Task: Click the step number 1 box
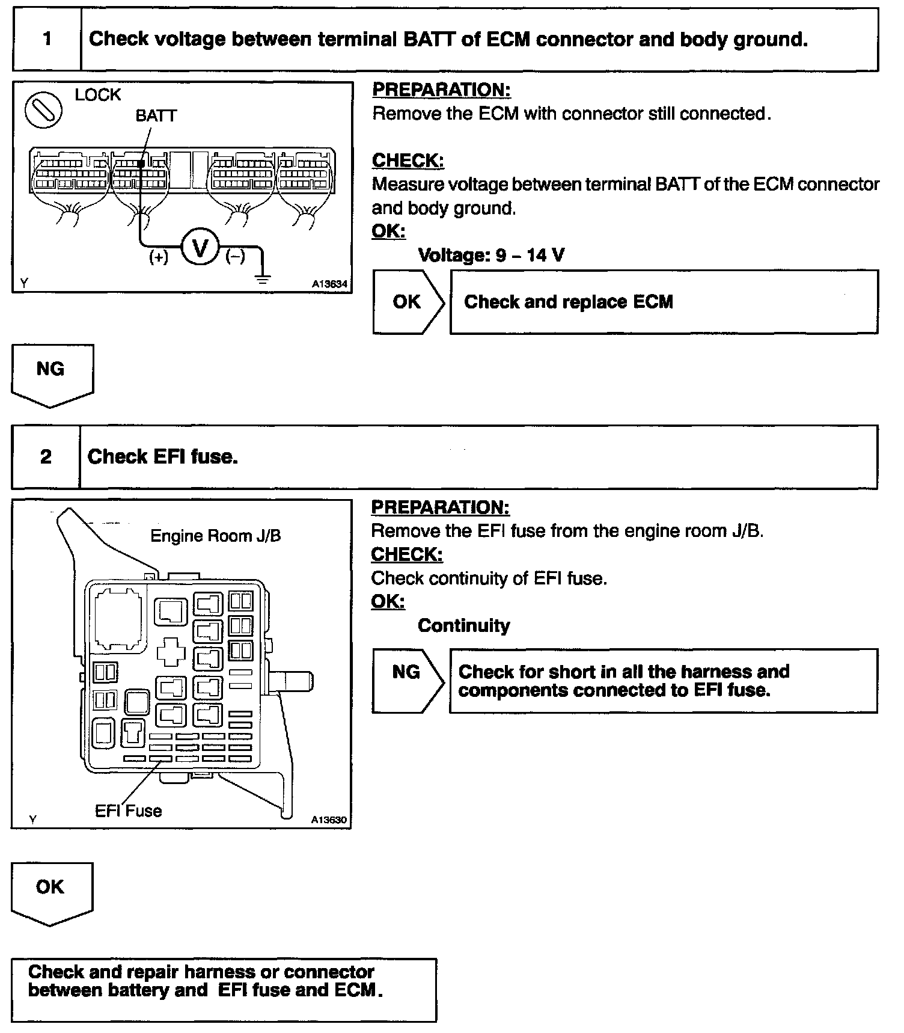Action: pos(47,40)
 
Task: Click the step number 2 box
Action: pos(46,457)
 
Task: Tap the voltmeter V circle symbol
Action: pos(200,247)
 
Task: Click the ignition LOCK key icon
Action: pos(44,110)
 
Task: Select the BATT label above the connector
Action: pos(156,115)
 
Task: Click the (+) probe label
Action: pos(159,257)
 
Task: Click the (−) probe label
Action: pos(235,257)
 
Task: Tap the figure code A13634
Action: pos(329,284)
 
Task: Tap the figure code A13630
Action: pos(329,820)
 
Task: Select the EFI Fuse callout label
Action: pos(129,811)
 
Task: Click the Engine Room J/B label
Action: pos(215,536)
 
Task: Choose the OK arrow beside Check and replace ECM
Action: pos(408,302)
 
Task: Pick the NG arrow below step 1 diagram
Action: pos(51,372)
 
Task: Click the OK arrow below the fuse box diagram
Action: pos(50,890)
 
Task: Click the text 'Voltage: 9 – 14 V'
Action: pos(491,256)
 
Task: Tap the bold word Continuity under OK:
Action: pos(464,626)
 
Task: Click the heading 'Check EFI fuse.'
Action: pos(163,457)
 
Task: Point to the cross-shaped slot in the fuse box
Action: pos(171,651)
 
